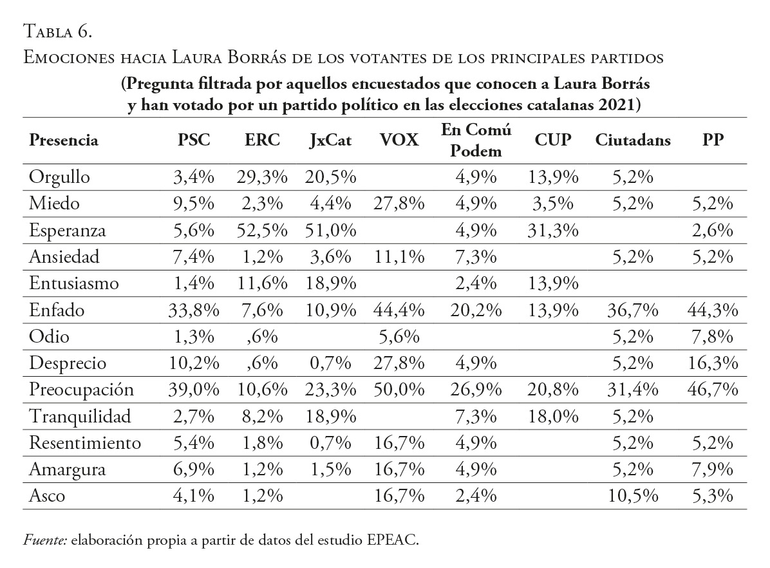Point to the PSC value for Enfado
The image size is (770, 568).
[x=194, y=310]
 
